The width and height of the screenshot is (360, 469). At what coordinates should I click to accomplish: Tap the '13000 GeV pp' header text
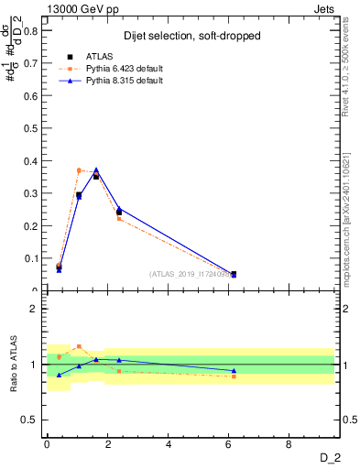79,8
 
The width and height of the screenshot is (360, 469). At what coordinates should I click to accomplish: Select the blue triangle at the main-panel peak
96,169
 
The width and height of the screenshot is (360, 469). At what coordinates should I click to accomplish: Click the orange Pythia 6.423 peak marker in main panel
79,169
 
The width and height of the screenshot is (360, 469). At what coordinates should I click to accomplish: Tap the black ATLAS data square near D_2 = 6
234,274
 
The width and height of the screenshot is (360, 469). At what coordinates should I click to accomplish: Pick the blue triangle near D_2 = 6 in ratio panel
234,371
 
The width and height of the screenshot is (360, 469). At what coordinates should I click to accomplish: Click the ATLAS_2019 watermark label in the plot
191,275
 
